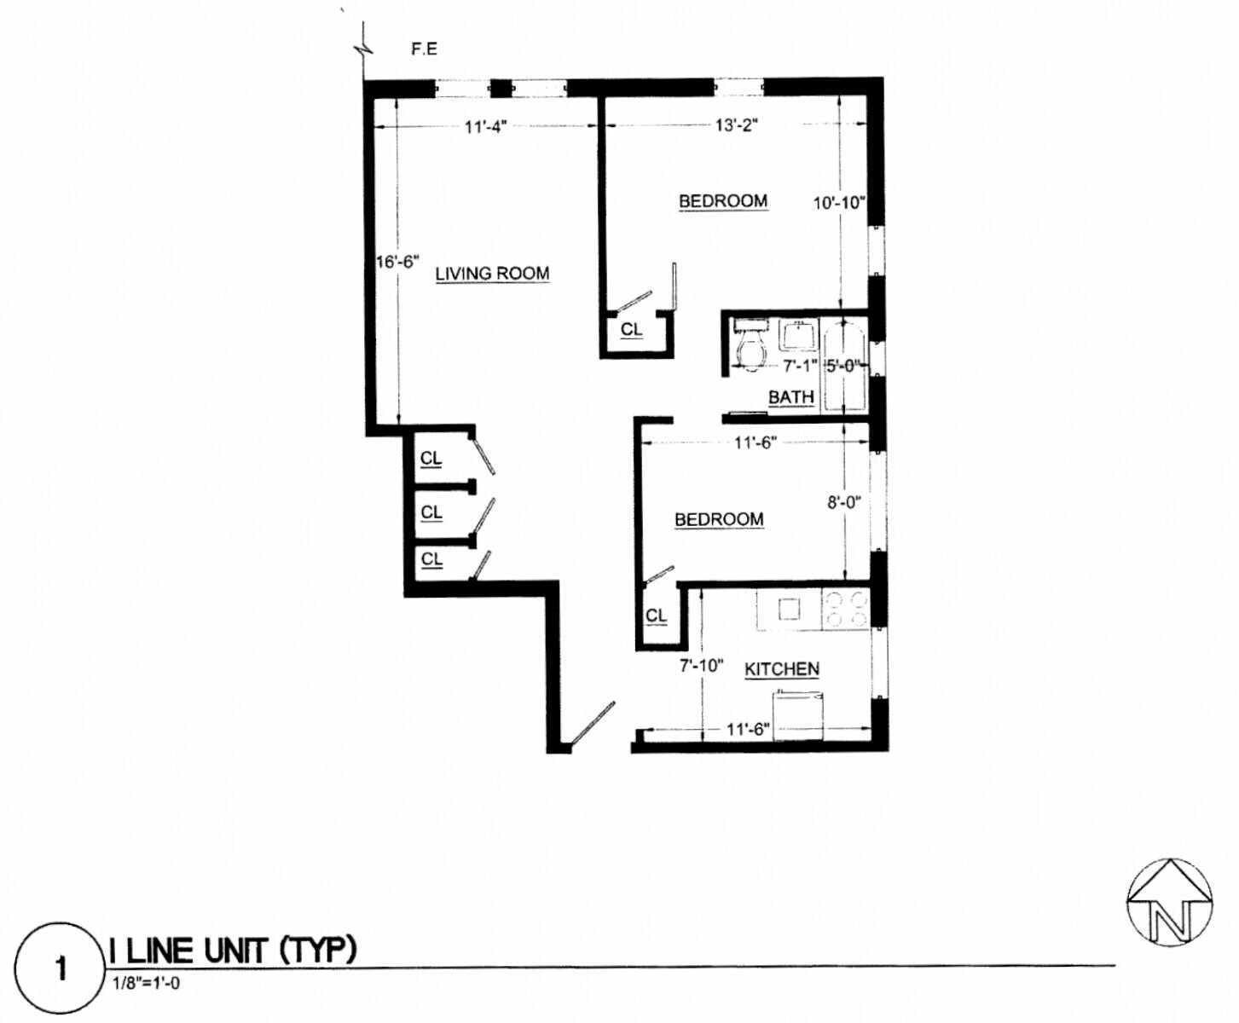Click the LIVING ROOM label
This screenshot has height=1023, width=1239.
click(x=492, y=274)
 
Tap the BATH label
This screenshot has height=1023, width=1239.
click(x=790, y=397)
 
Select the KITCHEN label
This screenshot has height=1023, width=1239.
click(x=782, y=669)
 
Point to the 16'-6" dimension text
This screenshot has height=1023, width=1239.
click(x=397, y=262)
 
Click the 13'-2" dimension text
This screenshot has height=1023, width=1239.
click(x=737, y=126)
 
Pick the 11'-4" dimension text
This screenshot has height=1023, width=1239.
click(x=485, y=127)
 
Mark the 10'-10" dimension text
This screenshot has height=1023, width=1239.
click(x=839, y=203)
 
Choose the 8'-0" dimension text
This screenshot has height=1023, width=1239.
click(x=843, y=502)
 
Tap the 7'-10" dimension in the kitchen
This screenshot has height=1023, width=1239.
click(x=701, y=666)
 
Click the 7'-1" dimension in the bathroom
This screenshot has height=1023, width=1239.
click(x=800, y=366)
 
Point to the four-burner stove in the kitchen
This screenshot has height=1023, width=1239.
click(x=845, y=609)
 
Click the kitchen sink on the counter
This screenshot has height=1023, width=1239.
click(x=789, y=609)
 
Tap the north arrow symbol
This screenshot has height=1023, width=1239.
click(x=1169, y=902)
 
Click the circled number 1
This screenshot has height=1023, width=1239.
click(x=61, y=969)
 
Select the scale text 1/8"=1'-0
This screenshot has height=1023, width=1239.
click(x=146, y=982)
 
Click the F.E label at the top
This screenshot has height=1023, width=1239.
click(x=424, y=49)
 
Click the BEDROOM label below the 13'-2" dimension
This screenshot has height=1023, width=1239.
click(x=723, y=201)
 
